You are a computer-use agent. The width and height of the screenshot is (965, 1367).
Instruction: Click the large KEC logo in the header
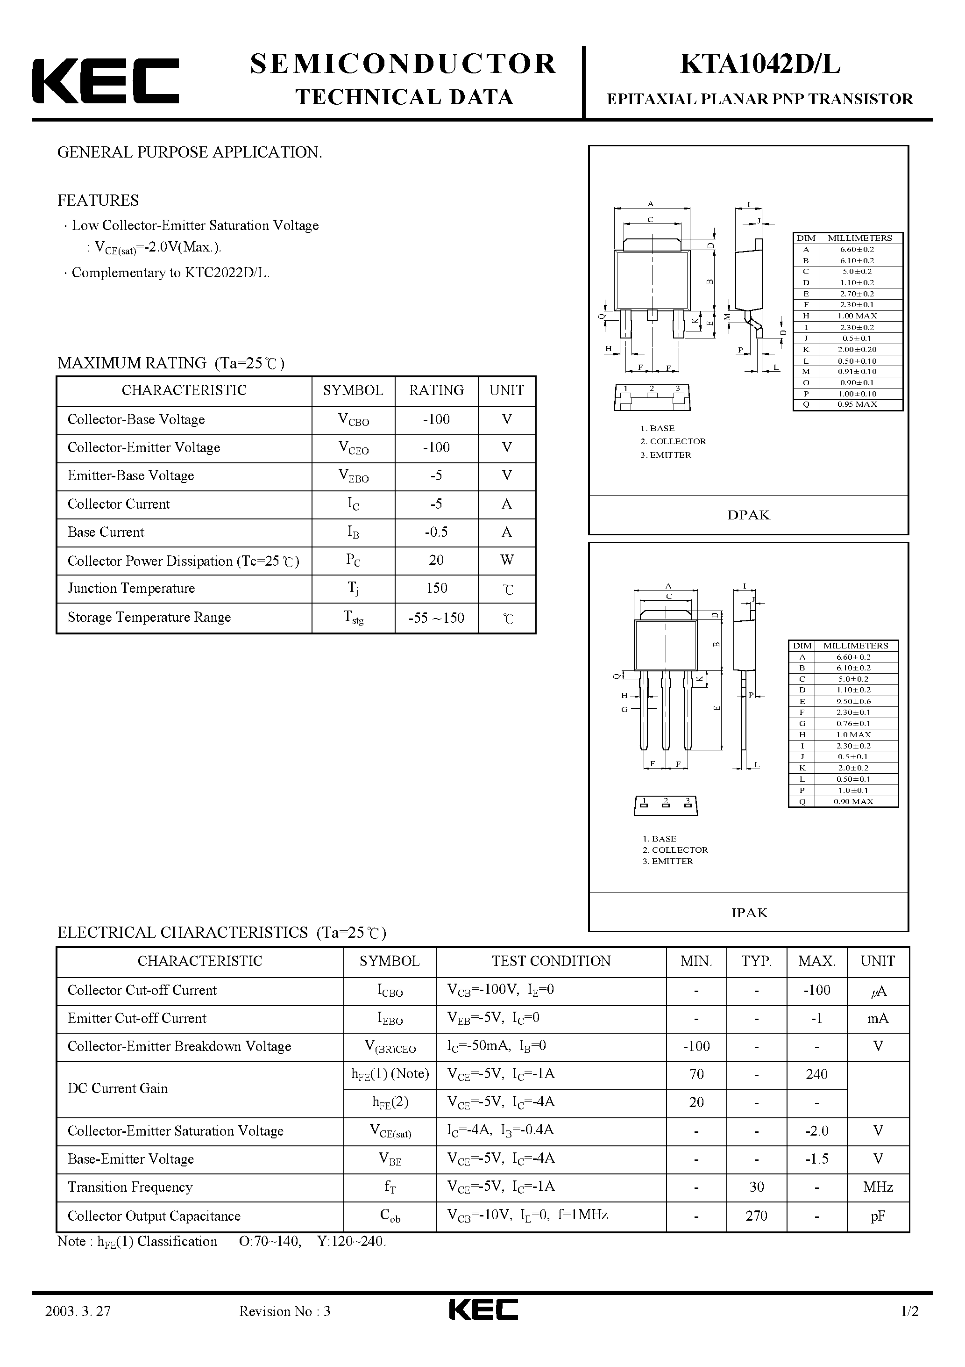click(105, 81)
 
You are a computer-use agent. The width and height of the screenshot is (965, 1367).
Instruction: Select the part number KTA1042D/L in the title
click(760, 65)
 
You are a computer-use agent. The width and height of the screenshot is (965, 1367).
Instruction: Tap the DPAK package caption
click(748, 515)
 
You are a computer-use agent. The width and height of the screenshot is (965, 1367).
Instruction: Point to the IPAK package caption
click(749, 913)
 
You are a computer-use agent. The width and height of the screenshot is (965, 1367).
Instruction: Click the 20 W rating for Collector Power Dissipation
click(436, 560)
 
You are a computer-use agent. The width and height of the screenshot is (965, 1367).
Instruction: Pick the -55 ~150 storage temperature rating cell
click(436, 618)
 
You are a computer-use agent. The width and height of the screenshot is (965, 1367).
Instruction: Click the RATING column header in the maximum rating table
click(436, 390)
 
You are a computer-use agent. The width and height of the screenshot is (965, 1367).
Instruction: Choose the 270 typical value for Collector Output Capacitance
click(756, 1216)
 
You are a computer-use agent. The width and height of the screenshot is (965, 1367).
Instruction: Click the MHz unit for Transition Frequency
click(878, 1187)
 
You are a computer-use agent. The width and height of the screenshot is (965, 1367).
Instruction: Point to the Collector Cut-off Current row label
click(142, 990)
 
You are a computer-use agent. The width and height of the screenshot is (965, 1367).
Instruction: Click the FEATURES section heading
click(98, 201)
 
